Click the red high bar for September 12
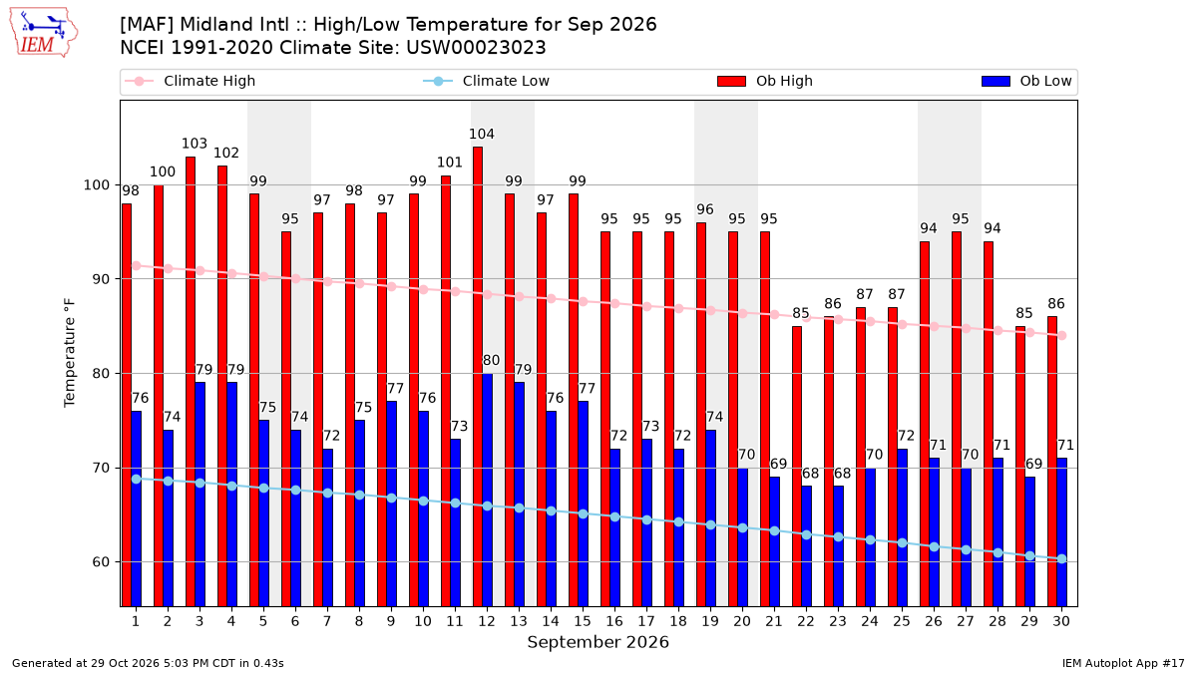pyautogui.click(x=478, y=377)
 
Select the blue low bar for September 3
pyautogui.click(x=199, y=495)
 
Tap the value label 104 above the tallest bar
pyautogui.click(x=482, y=134)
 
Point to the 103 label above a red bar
pyautogui.click(x=194, y=144)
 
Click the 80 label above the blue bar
pyautogui.click(x=491, y=360)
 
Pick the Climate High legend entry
pyautogui.click(x=191, y=81)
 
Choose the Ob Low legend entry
pyautogui.click(x=1026, y=81)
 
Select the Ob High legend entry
pyautogui.click(x=765, y=81)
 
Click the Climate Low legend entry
pyautogui.click(x=486, y=81)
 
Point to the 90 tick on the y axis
pyautogui.click(x=101, y=279)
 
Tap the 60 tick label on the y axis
pyautogui.click(x=101, y=562)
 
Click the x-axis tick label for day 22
pyautogui.click(x=806, y=621)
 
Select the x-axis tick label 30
pyautogui.click(x=1061, y=621)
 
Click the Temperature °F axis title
pyautogui.click(x=70, y=353)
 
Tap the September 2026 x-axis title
pyautogui.click(x=598, y=642)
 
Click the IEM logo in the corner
pyautogui.click(x=44, y=33)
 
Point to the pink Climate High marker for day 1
pyautogui.click(x=137, y=265)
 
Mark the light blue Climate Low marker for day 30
pyautogui.click(x=1061, y=558)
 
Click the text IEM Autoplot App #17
pyautogui.click(x=1123, y=663)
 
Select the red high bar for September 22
pyautogui.click(x=797, y=467)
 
